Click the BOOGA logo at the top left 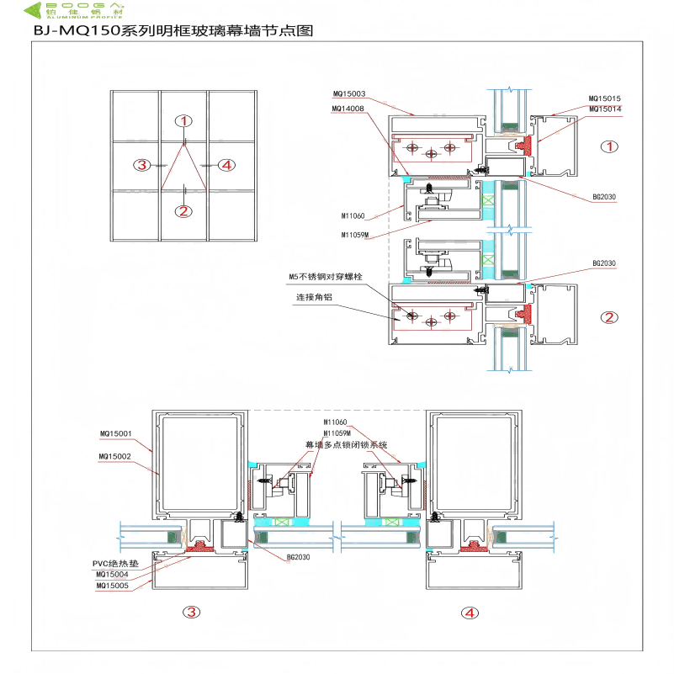tap(75, 11)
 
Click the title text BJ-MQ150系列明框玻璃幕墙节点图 tap(172, 32)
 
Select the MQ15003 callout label tap(348, 93)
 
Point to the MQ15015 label tap(605, 98)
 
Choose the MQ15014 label tap(605, 109)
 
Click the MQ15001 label tap(116, 434)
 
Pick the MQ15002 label tap(116, 457)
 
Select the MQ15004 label tap(113, 575)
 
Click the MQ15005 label tap(113, 586)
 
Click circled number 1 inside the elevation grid tap(185, 121)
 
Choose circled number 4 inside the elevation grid tap(224, 165)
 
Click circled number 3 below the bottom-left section tap(193, 613)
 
